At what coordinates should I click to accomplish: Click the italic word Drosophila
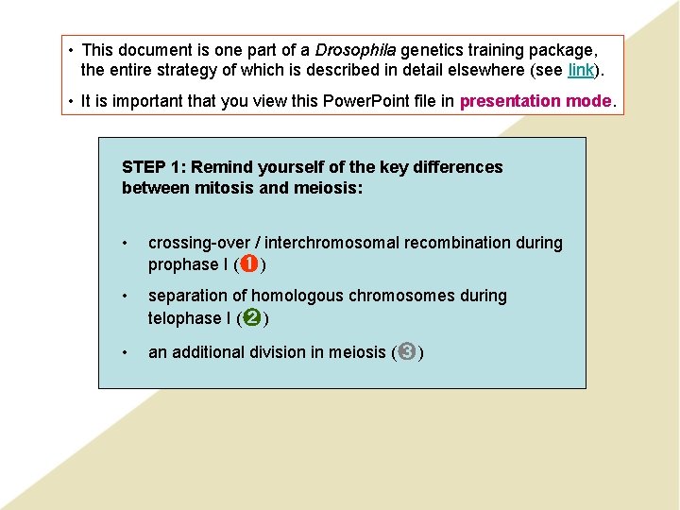point(355,50)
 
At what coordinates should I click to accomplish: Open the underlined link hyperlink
point(580,70)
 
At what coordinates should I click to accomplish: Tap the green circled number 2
point(252,317)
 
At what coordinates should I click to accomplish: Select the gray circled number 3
point(406,352)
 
